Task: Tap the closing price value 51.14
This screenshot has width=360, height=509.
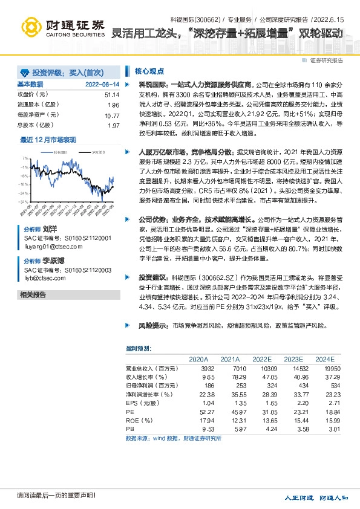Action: click(x=112, y=95)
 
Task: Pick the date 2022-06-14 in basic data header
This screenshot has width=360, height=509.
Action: click(x=102, y=85)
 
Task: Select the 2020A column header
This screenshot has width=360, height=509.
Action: click(x=198, y=359)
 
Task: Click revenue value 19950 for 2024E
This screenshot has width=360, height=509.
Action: click(x=325, y=368)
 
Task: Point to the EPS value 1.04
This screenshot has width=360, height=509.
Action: click(x=208, y=402)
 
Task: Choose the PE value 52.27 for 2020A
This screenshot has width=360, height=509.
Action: click(x=206, y=411)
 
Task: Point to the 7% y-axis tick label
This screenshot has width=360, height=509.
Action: click(x=25, y=158)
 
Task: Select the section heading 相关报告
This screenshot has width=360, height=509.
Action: click(x=33, y=294)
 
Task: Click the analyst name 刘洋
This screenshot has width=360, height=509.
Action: click(x=50, y=230)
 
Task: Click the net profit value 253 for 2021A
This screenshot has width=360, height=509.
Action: click(x=240, y=385)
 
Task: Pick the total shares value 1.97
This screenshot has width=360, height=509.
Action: click(x=113, y=125)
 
